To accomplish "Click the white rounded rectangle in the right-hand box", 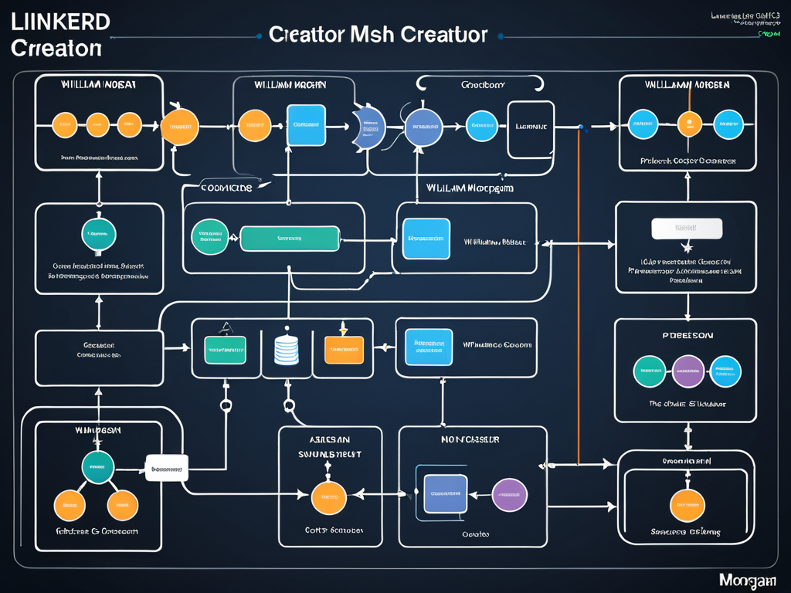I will pos(687,229).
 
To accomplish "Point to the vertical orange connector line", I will pos(579,293).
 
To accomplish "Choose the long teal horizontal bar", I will pos(290,239).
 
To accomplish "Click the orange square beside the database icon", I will pos(343,349).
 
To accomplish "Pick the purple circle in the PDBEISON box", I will pos(687,371).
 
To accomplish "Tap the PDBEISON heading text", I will pos(687,336).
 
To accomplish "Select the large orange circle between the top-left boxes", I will pos(179,127).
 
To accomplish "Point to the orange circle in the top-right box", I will pos(688,124).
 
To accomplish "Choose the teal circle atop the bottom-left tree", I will pos(98,467).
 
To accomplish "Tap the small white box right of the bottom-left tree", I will pos(167,467).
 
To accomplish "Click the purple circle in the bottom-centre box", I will pos(509,495).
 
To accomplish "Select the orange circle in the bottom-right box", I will pos(687,505).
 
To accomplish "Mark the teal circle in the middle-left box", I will pos(99,232).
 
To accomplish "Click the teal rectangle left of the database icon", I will pos(224,349).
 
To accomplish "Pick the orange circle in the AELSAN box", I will pos(328,498).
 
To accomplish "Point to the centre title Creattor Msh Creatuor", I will pos(378,35).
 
